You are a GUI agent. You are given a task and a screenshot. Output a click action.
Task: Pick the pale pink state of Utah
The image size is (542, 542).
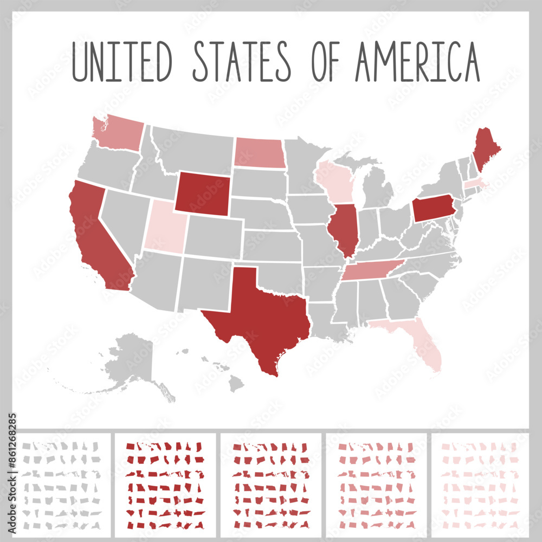[164, 225]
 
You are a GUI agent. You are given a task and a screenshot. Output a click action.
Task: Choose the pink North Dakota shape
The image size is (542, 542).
[259, 152]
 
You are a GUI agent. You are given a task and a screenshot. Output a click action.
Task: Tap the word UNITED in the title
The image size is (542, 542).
[122, 61]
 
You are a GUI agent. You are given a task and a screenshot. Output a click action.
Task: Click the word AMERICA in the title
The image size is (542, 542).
[417, 61]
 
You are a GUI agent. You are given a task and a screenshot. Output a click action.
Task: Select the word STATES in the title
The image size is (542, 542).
[242, 61]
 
